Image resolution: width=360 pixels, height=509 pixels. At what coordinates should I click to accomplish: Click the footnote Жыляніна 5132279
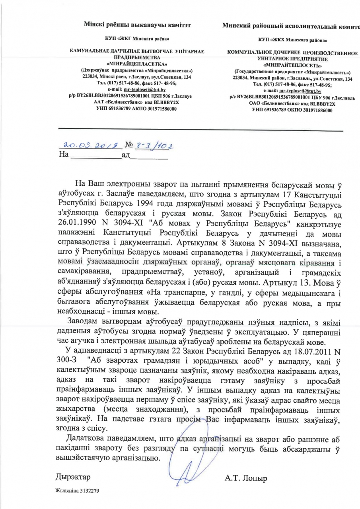point(77,491)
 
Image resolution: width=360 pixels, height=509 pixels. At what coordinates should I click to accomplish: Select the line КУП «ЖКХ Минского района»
point(292,41)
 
